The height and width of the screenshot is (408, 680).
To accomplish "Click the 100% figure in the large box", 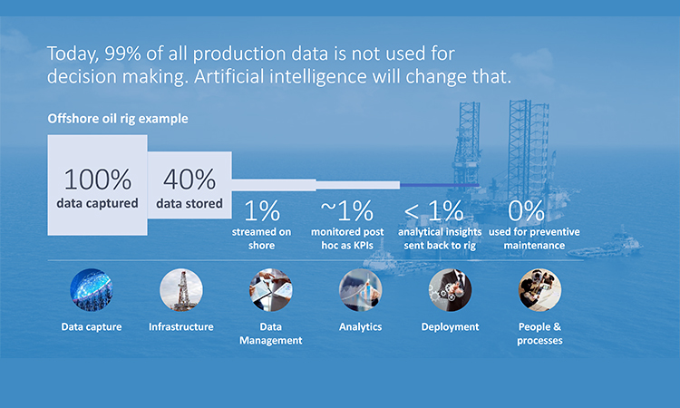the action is pos(98,180).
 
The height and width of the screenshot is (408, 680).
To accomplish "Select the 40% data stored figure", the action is pos(189,180).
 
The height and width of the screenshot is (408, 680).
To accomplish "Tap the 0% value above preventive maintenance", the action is pos(526,210).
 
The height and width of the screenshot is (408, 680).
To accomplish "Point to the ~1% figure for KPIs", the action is pos(347,210).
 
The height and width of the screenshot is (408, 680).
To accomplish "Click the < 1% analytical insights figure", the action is pos(433,210).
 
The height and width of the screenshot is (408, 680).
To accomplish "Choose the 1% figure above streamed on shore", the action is pos(261,211).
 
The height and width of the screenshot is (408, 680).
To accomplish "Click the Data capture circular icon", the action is pos(91,289).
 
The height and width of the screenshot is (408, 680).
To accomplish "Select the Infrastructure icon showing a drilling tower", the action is pos(180,289).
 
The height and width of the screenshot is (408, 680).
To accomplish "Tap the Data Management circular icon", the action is pos(270,289).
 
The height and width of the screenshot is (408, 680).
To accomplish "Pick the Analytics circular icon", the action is pos(360,289).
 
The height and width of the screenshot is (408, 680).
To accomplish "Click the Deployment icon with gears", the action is pos(450,289).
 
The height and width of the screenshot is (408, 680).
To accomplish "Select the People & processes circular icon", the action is pos(540,289).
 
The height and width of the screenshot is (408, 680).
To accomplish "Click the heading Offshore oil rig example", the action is pos(118,119).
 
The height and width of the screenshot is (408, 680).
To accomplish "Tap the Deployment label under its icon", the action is pos(450,327).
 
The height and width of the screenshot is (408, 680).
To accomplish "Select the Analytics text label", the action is pos(360,327).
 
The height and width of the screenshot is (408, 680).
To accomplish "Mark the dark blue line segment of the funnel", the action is pos(440,185).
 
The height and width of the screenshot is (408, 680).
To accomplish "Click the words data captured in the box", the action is pos(98,203).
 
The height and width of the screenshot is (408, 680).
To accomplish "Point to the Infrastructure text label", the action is pos(180,327).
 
